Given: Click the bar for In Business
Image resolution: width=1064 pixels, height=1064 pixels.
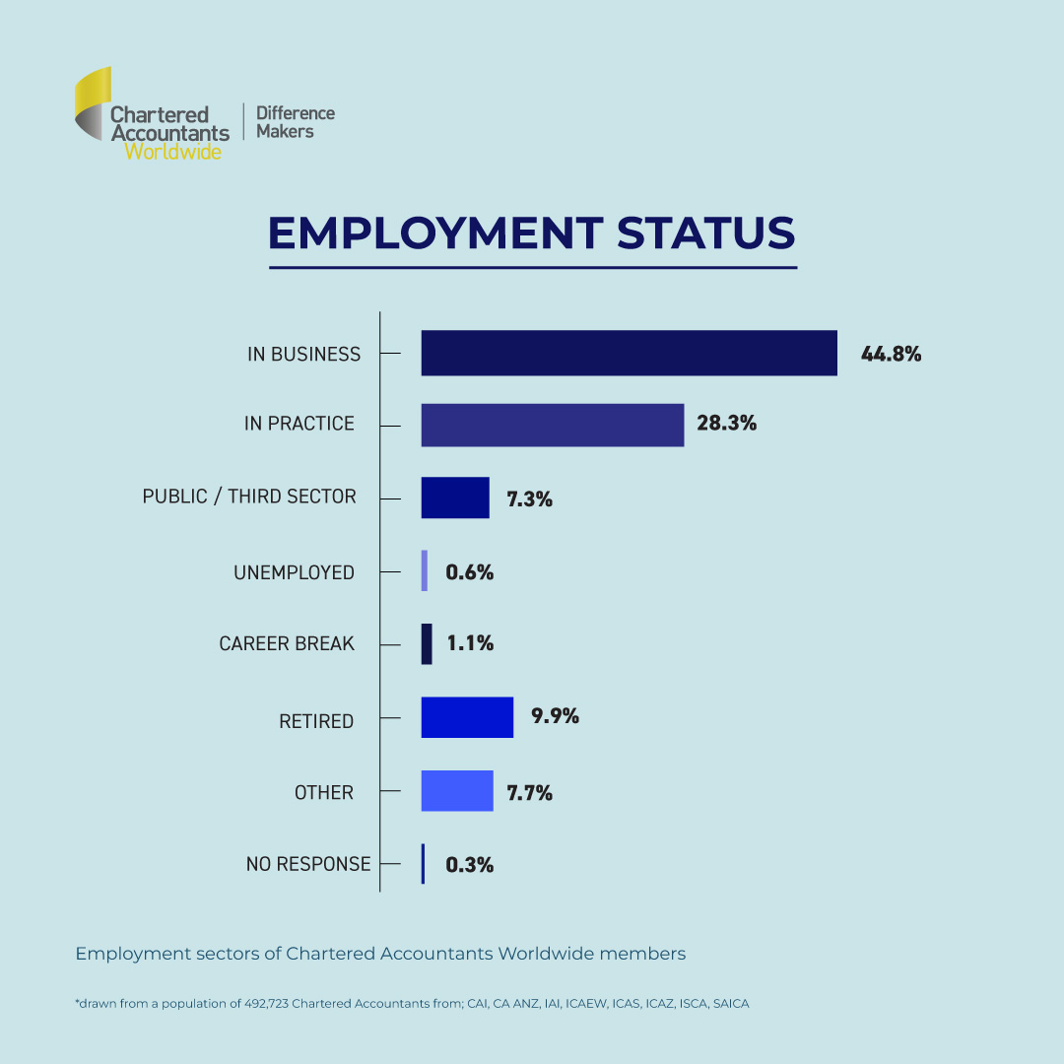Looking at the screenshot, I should tap(629, 353).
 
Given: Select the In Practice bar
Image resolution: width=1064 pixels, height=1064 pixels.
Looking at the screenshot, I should tap(552, 425).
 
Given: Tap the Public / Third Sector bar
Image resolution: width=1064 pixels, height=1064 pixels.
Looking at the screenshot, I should tap(455, 498).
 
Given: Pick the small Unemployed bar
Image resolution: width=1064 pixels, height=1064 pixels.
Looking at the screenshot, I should tap(425, 570).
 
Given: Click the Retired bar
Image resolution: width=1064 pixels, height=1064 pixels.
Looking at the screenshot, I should tap(467, 717).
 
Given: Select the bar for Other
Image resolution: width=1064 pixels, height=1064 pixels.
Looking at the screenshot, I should tap(457, 790).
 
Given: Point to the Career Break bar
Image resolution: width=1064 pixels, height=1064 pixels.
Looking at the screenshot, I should tap(427, 643).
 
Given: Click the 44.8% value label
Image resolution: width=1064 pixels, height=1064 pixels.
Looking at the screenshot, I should tap(891, 354).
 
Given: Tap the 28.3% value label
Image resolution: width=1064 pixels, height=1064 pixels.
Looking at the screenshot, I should tap(727, 424).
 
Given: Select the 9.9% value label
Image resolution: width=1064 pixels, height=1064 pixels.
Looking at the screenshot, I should tap(555, 716).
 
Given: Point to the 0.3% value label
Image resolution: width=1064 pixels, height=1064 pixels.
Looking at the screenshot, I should tap(470, 865).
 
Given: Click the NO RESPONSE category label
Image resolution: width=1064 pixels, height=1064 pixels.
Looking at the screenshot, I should tap(308, 864).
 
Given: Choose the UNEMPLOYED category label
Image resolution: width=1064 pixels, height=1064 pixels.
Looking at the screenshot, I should tap(294, 572).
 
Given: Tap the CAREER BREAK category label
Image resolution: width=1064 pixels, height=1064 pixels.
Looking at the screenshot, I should tap(287, 644).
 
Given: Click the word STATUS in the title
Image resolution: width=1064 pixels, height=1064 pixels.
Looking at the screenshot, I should tap(705, 233).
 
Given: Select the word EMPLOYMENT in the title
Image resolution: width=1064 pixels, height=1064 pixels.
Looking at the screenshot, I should tap(434, 233).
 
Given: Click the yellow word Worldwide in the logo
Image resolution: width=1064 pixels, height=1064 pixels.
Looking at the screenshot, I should tap(172, 152).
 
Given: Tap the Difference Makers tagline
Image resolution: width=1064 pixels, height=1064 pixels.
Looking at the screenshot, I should tap(295, 122).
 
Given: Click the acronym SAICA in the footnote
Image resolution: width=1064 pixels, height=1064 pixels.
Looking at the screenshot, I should tap(731, 1003).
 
